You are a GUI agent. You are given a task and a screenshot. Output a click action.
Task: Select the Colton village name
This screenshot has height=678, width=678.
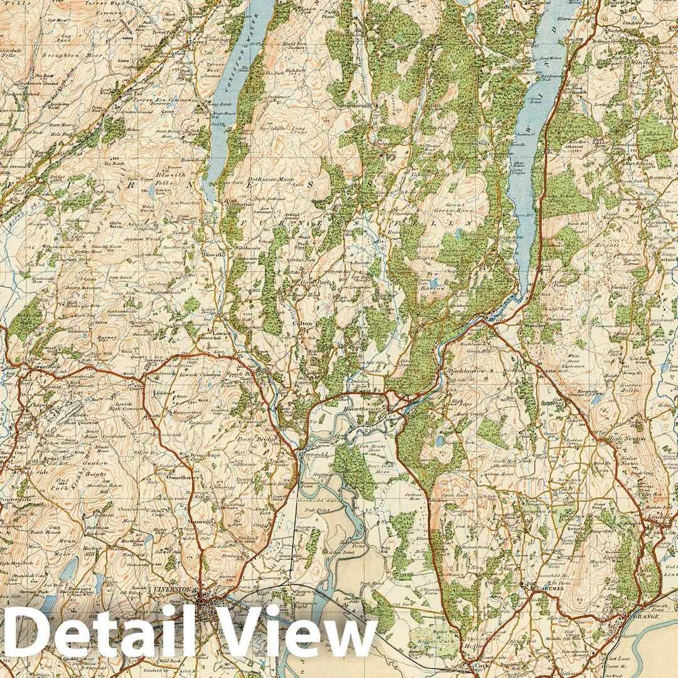coord(303,324)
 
